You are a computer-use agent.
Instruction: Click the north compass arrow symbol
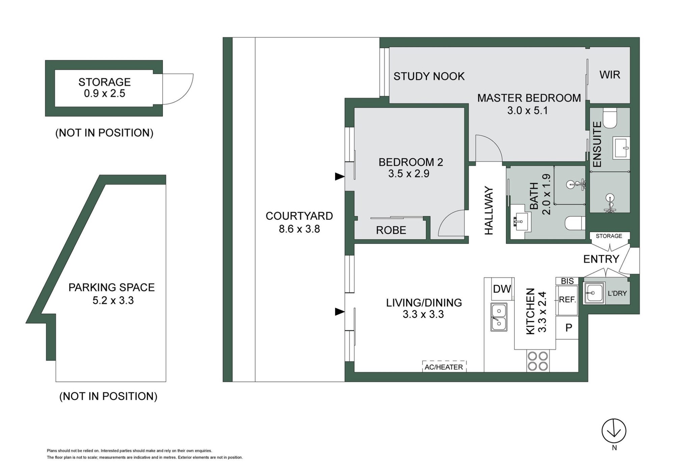(614, 431)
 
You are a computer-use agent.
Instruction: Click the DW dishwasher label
(502, 289)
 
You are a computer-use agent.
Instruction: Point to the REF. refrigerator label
(567, 300)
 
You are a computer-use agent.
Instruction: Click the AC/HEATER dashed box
(444, 366)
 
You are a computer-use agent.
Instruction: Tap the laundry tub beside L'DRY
(594, 293)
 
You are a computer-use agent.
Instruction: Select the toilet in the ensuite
(610, 118)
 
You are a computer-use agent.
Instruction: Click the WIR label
(610, 75)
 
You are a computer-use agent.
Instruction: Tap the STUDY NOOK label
(429, 76)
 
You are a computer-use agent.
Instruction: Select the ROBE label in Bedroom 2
(391, 230)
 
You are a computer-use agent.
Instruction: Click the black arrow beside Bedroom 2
(340, 176)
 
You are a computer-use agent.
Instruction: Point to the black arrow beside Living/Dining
(340, 312)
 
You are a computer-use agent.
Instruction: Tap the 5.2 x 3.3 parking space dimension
(113, 300)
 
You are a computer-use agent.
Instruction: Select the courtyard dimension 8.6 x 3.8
(299, 229)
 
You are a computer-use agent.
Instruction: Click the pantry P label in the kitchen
(569, 327)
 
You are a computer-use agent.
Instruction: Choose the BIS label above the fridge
(567, 281)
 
